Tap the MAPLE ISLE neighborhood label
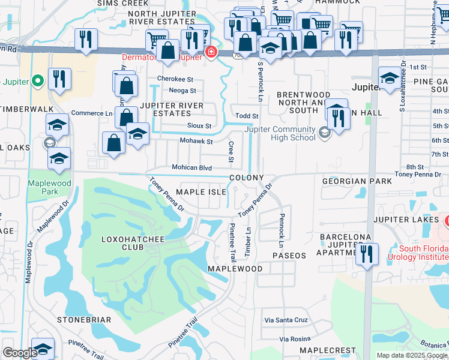(200, 191)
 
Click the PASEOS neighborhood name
(289, 256)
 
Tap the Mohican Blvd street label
(191, 168)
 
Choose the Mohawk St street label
(196, 142)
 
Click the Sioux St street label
(200, 126)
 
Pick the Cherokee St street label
(175, 79)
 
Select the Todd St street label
(247, 116)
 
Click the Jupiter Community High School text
(280, 133)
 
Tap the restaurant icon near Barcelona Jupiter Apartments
(366, 254)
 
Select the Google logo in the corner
(20, 353)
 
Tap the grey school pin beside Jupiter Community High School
(325, 133)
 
